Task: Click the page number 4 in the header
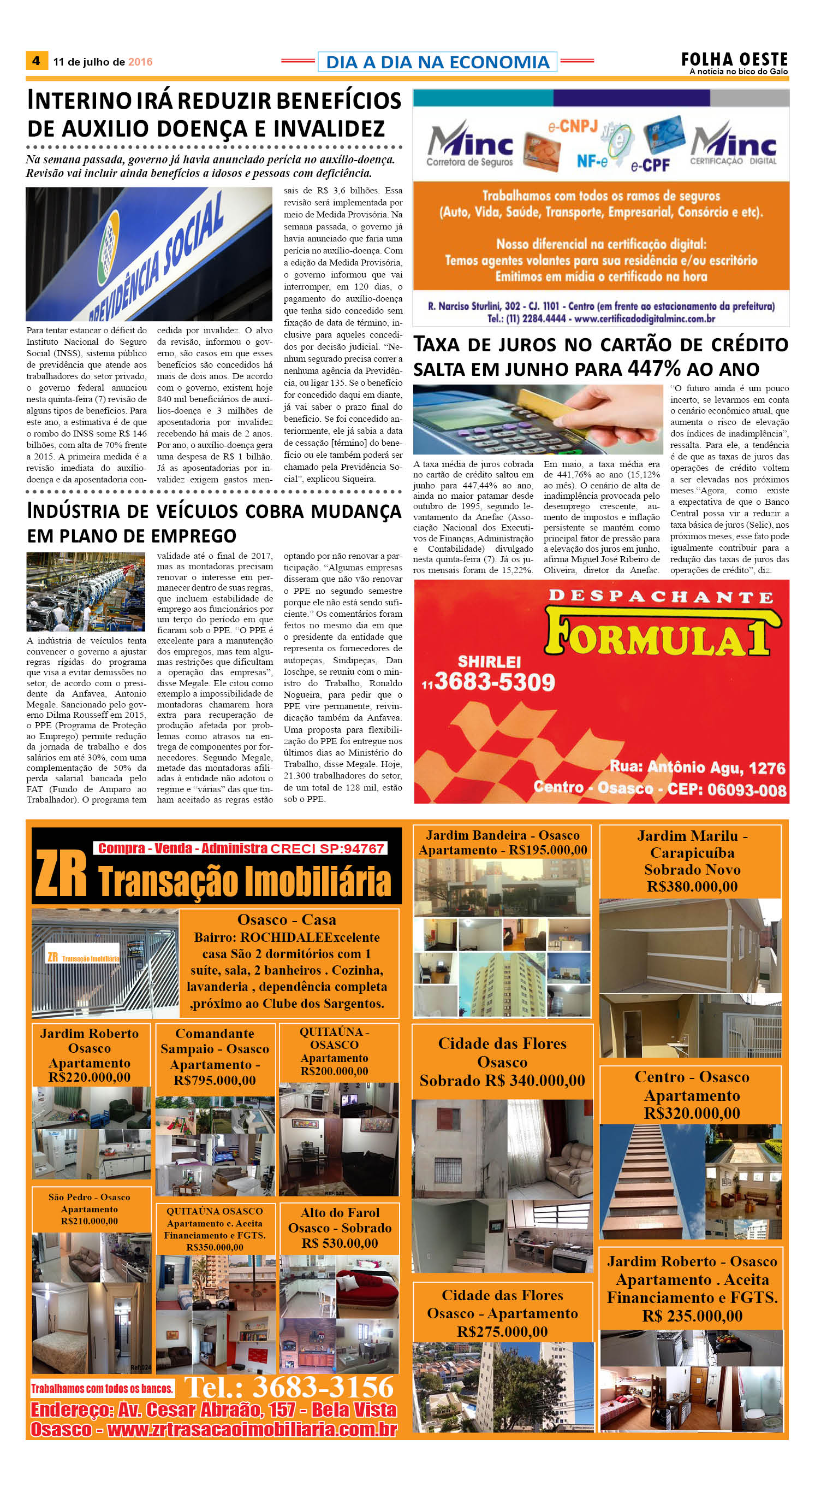pos(36,61)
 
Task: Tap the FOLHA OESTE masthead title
pos(734,59)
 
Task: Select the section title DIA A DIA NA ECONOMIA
pos(438,62)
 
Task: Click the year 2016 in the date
pos(140,62)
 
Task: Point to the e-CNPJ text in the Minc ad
pos(572,126)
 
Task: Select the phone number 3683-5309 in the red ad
pos(495,682)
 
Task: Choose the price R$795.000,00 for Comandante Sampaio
pos(214,1080)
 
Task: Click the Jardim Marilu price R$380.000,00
pos(692,886)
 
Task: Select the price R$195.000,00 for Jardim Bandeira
pos(548,850)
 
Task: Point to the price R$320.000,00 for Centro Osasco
pos(692,1113)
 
